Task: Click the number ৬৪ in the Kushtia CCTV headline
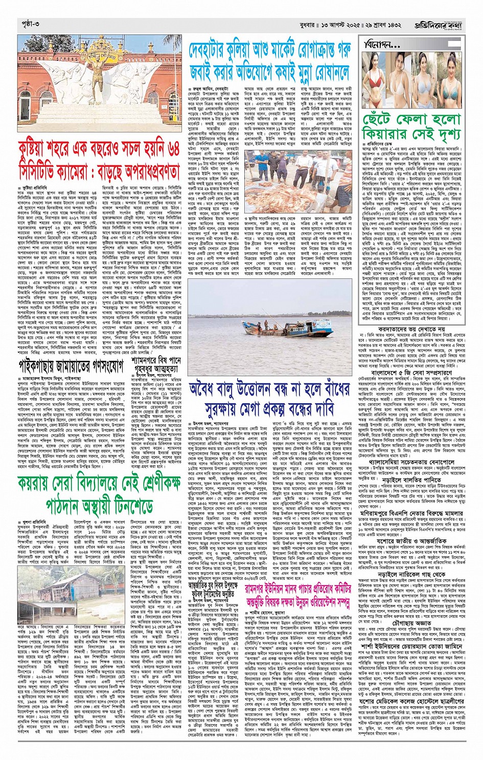172,148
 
